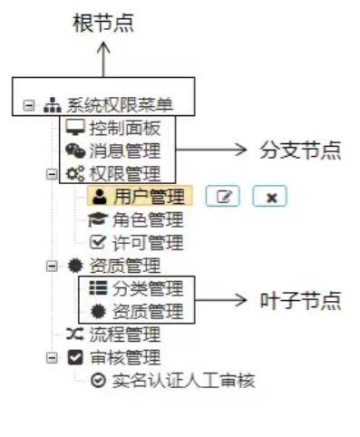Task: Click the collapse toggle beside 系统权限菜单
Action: (x=29, y=106)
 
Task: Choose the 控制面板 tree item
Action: (x=124, y=128)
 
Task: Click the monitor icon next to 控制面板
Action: (x=76, y=128)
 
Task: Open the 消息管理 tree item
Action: (x=124, y=151)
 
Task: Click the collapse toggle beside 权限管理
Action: (x=52, y=173)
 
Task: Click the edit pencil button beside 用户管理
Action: (x=222, y=196)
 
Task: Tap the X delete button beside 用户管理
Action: (x=269, y=196)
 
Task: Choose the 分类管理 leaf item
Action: (x=147, y=288)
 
